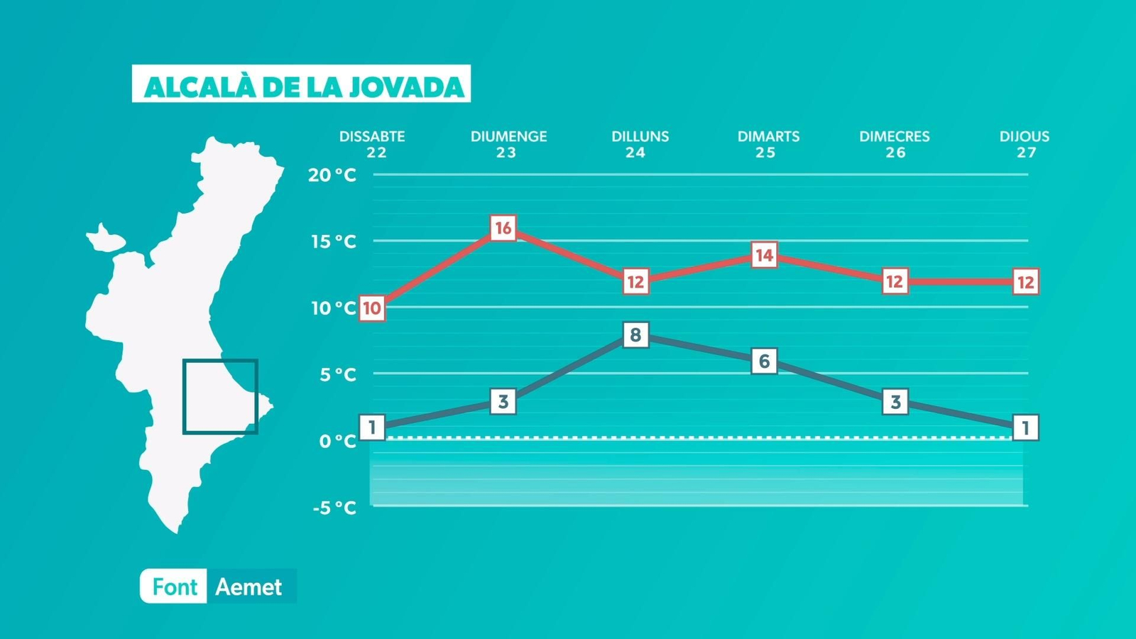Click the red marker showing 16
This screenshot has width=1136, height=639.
pyautogui.click(x=503, y=228)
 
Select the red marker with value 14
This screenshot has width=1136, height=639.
pyautogui.click(x=764, y=255)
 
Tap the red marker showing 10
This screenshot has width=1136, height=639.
pyautogui.click(x=372, y=308)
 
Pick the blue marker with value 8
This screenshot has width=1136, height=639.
pyautogui.click(x=635, y=334)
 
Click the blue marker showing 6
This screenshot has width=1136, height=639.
pyautogui.click(x=764, y=361)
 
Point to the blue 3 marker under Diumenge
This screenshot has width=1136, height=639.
pyautogui.click(x=503, y=402)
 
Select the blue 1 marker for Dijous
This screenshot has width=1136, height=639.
pyautogui.click(x=1025, y=427)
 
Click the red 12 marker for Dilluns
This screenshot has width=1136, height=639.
pyautogui.click(x=635, y=282)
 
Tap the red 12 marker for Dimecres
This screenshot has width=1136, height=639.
pyautogui.click(x=895, y=282)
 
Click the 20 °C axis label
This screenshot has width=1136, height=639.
pyautogui.click(x=332, y=175)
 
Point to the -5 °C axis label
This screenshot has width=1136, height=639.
pyautogui.click(x=334, y=508)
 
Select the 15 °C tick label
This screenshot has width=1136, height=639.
pyautogui.click(x=333, y=241)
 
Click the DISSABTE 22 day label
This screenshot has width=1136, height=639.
pyautogui.click(x=373, y=144)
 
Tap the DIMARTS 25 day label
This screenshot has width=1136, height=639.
pyautogui.click(x=768, y=144)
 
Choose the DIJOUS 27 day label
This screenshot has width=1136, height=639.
pyautogui.click(x=1025, y=144)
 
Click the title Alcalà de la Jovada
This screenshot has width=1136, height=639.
pyautogui.click(x=302, y=85)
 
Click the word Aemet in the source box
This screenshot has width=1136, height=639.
pyautogui.click(x=248, y=587)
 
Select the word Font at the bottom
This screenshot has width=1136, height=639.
pyautogui.click(x=174, y=587)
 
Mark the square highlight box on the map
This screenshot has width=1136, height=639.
pyautogui.click(x=220, y=396)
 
